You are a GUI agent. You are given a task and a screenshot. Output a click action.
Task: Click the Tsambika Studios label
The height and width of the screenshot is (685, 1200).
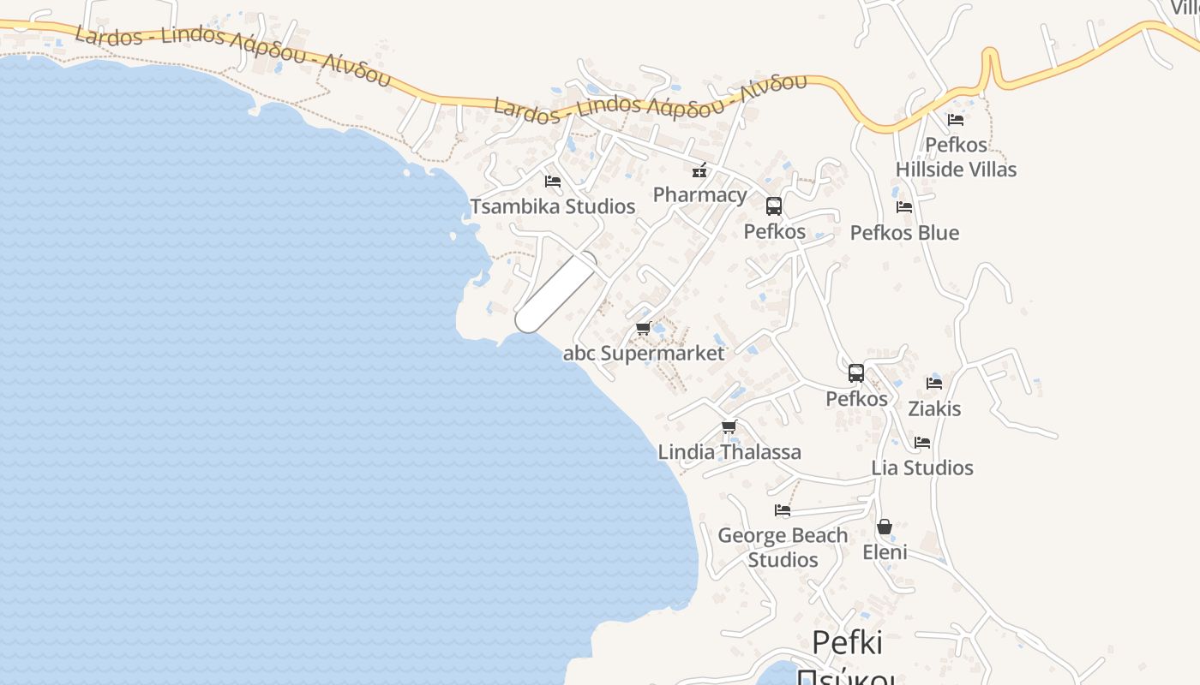tap(553, 206)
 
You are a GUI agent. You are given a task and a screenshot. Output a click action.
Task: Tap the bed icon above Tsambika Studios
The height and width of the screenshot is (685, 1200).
tap(553, 182)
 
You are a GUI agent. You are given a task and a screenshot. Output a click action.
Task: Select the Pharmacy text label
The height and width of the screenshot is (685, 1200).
tap(699, 194)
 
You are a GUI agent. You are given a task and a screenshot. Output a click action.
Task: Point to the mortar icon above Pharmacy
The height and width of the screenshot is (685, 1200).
tap(699, 170)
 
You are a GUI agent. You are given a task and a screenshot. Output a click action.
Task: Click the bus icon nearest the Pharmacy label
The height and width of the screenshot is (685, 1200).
tap(774, 206)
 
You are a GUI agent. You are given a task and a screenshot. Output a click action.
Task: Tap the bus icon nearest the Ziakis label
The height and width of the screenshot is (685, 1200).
tap(856, 373)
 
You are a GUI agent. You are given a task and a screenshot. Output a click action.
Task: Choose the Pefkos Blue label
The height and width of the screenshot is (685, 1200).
tap(904, 233)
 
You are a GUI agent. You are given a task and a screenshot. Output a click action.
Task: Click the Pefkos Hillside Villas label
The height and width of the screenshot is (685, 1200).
tap(956, 157)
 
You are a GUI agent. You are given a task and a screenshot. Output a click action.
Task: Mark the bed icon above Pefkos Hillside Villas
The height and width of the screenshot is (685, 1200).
tap(956, 120)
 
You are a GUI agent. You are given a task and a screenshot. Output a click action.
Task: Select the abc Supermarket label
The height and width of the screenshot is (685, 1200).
tap(644, 353)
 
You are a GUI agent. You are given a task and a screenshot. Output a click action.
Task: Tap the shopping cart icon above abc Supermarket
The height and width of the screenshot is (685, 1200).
tap(644, 328)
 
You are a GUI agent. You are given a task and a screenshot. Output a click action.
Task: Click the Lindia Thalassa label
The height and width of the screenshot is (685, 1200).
tap(729, 452)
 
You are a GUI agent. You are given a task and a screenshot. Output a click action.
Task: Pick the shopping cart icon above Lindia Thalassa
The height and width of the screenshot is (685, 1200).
tap(729, 426)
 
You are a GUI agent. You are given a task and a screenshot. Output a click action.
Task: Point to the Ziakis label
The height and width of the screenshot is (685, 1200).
tap(934, 408)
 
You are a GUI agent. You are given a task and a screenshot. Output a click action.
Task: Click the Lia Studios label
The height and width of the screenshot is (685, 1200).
tap(922, 468)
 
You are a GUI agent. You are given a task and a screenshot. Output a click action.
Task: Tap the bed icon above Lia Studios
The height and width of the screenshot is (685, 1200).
tap(922, 443)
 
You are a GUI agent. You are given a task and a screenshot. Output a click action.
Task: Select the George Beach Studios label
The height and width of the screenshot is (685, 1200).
tap(783, 547)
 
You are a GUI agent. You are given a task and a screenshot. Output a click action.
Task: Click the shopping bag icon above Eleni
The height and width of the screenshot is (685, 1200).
tap(885, 527)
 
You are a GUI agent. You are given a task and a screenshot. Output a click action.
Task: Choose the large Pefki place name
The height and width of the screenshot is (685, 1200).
tap(847, 642)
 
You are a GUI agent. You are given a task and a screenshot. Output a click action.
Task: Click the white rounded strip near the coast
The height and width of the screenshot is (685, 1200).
tap(555, 293)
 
